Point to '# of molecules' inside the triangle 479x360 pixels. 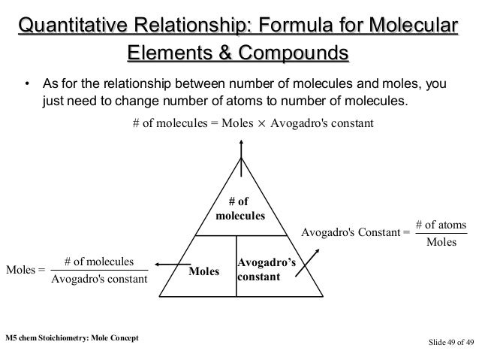pyautogui.click(x=240, y=208)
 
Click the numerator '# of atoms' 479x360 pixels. pyautogui.click(x=441, y=225)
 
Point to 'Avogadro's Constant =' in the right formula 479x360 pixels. pyautogui.click(x=355, y=233)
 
